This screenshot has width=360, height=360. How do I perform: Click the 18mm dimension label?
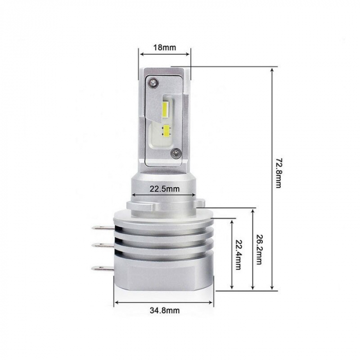(x=165, y=47)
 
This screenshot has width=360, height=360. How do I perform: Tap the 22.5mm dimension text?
(x=165, y=189)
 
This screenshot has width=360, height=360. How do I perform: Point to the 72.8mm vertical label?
(x=278, y=172)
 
